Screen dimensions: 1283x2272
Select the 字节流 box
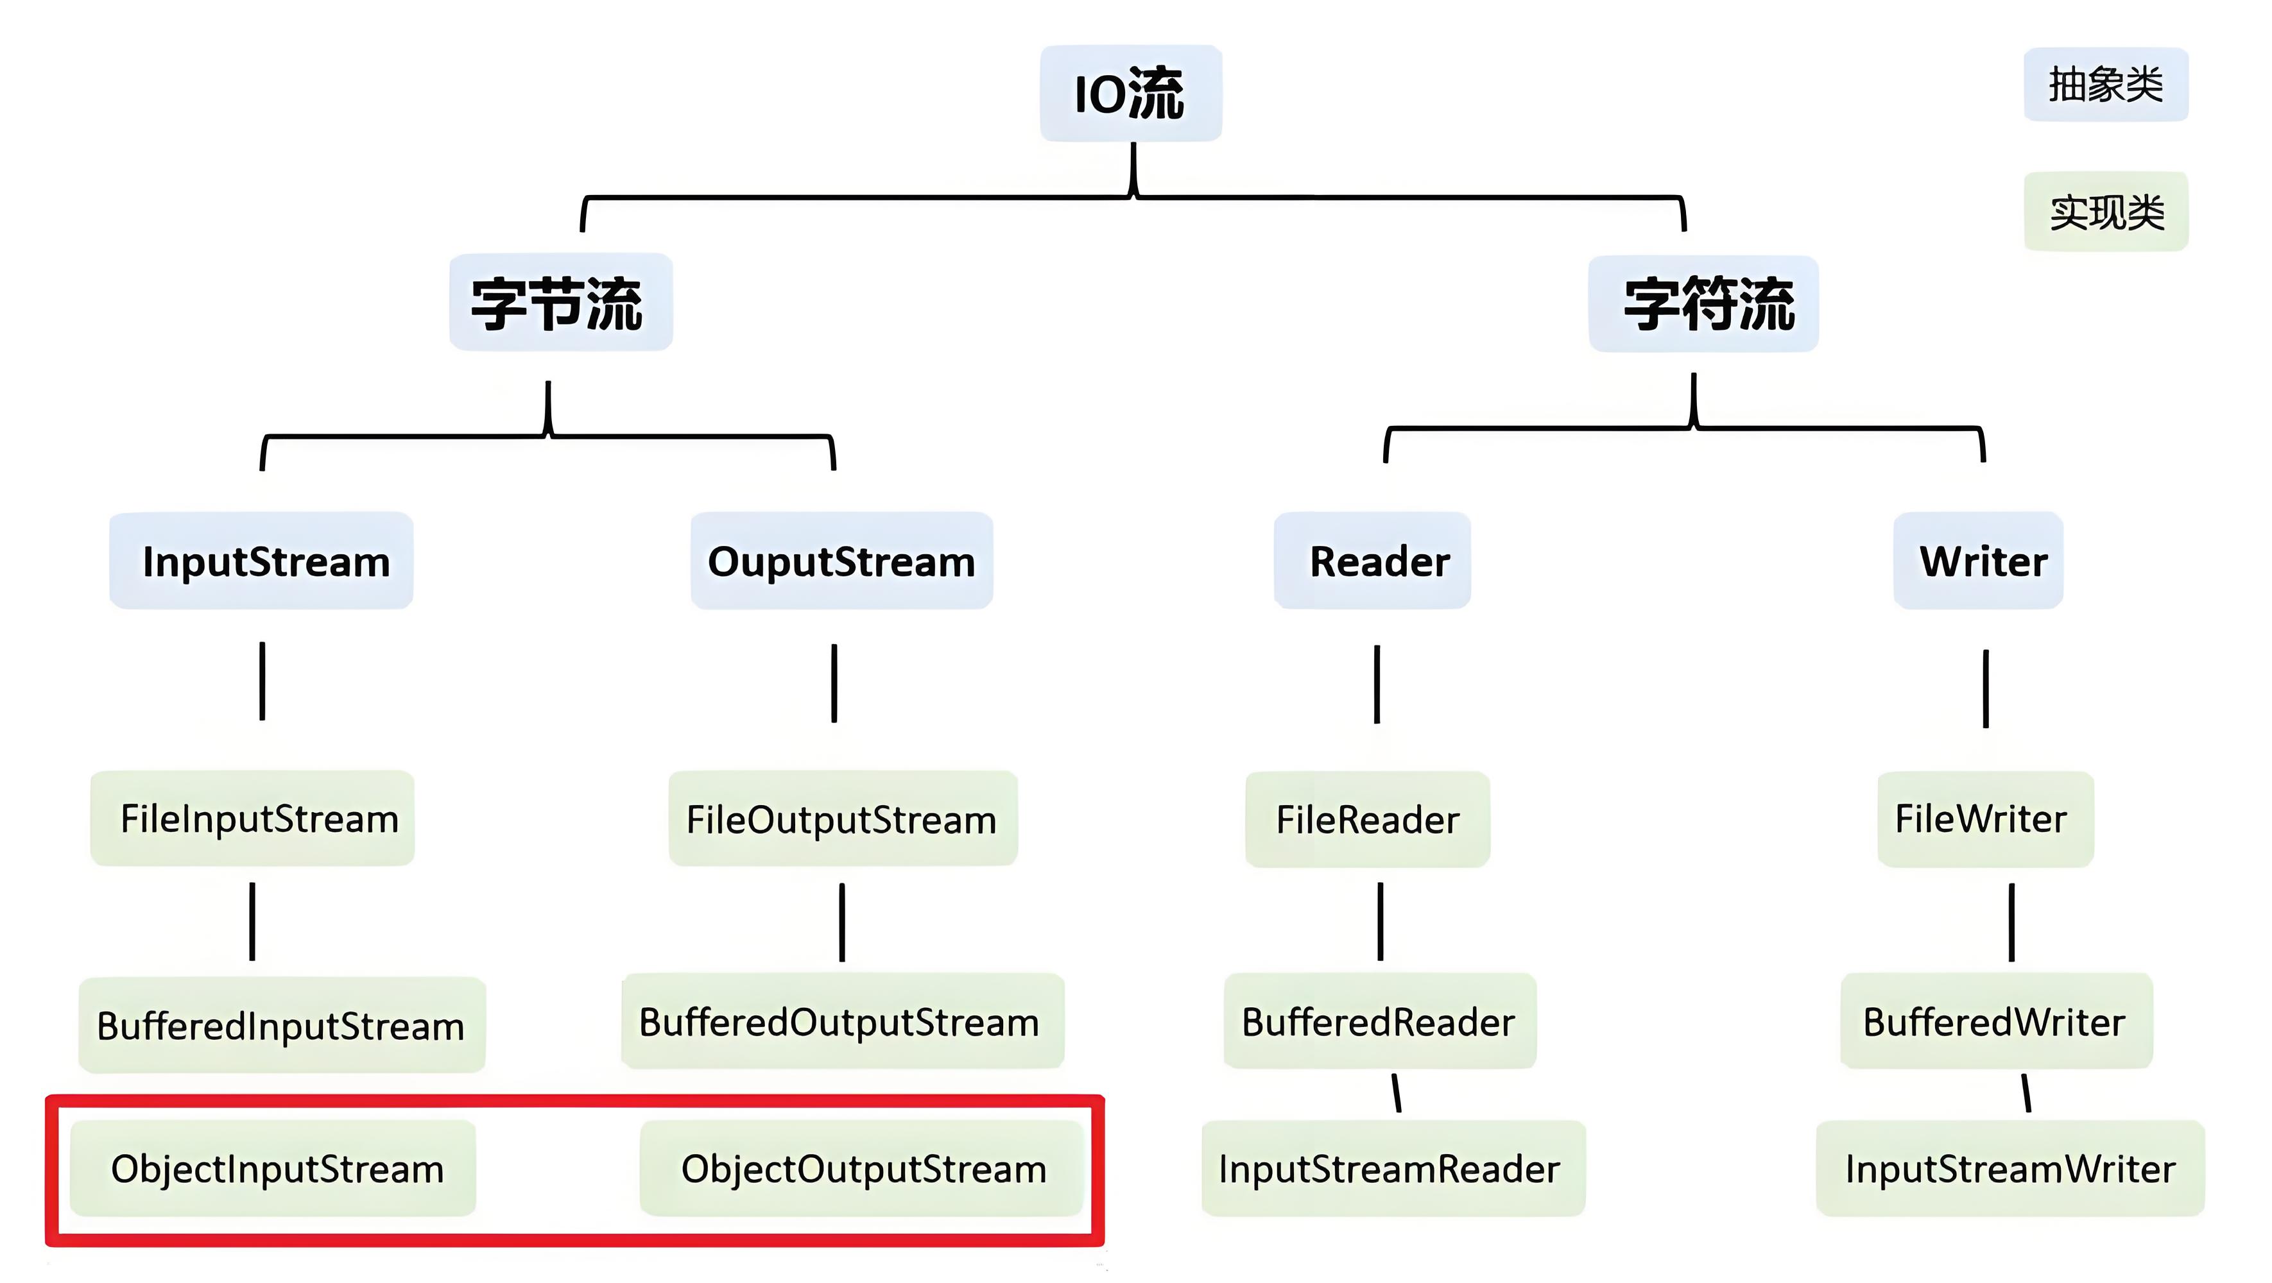click(x=560, y=302)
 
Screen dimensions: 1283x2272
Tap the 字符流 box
click(x=1703, y=304)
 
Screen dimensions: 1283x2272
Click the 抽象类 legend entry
click(x=2104, y=85)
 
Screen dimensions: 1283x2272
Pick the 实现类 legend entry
click(x=2104, y=212)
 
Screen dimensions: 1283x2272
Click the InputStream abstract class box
click(x=261, y=561)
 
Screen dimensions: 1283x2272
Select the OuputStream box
click(x=841, y=561)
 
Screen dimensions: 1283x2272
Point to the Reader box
click(x=1372, y=561)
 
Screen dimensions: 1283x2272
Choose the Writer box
click(x=1977, y=561)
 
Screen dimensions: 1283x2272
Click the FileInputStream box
click(x=252, y=819)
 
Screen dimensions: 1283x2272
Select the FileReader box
click(x=1367, y=819)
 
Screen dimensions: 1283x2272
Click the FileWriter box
click(x=1984, y=819)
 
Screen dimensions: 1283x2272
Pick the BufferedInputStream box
click(x=281, y=1024)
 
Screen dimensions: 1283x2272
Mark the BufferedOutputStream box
click(x=842, y=1021)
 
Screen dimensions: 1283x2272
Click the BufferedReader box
click(x=1379, y=1021)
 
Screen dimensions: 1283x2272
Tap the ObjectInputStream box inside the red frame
click(x=273, y=1168)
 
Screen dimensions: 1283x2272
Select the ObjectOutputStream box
click(x=862, y=1168)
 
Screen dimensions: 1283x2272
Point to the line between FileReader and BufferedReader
click(x=1381, y=921)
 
